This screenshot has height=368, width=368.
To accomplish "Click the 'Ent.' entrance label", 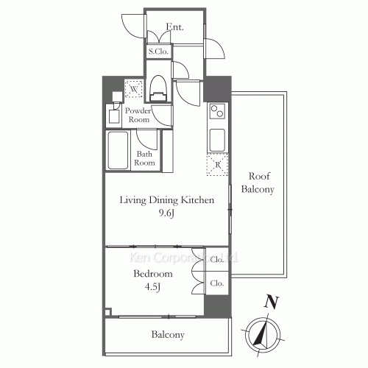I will (174, 27).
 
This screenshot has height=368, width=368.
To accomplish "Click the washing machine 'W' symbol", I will (133, 89).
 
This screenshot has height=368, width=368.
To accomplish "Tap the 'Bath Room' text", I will (145, 158).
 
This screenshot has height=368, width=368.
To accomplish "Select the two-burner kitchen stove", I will (218, 113).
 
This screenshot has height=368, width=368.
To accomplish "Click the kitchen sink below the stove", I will (218, 139).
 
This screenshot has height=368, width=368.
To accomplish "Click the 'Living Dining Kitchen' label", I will (167, 200).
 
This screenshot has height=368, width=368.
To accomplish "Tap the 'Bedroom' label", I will (152, 274).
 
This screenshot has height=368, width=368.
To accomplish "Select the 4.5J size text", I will (153, 287).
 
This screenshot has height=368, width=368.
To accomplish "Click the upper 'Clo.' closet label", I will (217, 260).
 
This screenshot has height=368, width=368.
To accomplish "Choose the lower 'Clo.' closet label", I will (217, 283).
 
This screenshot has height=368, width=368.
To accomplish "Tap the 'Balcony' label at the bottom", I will (168, 335).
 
